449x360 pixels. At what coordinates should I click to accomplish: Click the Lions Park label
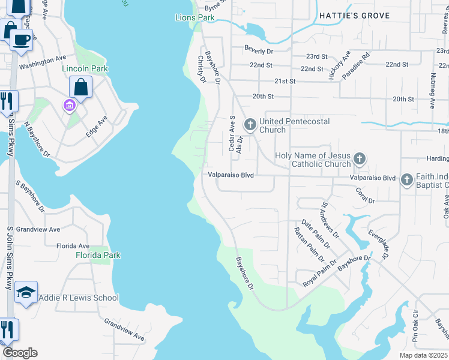(x=194, y=18)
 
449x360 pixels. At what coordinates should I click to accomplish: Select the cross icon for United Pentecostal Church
(x=250, y=125)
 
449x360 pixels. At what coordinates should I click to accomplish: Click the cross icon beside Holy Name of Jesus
(x=359, y=159)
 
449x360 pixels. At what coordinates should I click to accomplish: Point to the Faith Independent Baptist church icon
(x=406, y=179)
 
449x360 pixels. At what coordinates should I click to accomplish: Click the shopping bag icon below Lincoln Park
(x=80, y=87)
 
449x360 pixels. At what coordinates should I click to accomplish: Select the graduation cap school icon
(x=26, y=292)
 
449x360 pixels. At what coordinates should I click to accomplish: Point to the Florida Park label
(x=98, y=255)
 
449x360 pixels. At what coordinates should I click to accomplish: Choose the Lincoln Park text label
(x=85, y=68)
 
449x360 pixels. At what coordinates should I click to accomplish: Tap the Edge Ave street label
(x=96, y=127)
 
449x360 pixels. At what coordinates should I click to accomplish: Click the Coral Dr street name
(x=365, y=196)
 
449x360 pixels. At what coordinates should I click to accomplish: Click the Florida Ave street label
(x=73, y=246)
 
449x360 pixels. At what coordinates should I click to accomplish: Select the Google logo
(x=20, y=353)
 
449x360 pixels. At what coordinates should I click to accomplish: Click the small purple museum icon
(x=69, y=106)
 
